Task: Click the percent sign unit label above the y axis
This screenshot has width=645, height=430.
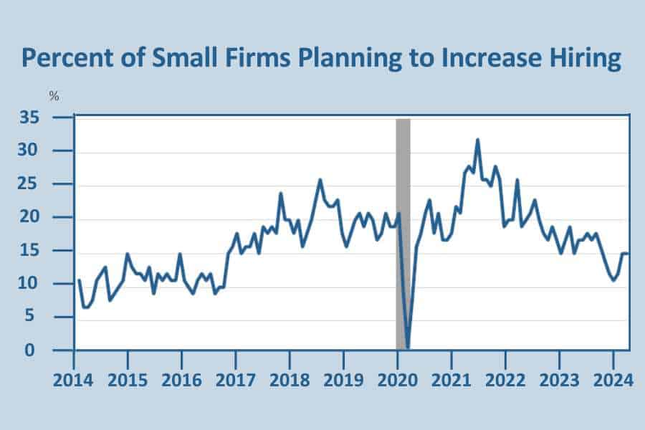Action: click(54, 97)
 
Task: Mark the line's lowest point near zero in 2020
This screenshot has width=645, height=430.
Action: click(407, 348)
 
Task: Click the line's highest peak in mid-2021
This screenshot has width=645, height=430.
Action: click(478, 140)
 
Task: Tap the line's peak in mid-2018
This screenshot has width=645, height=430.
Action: click(320, 180)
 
